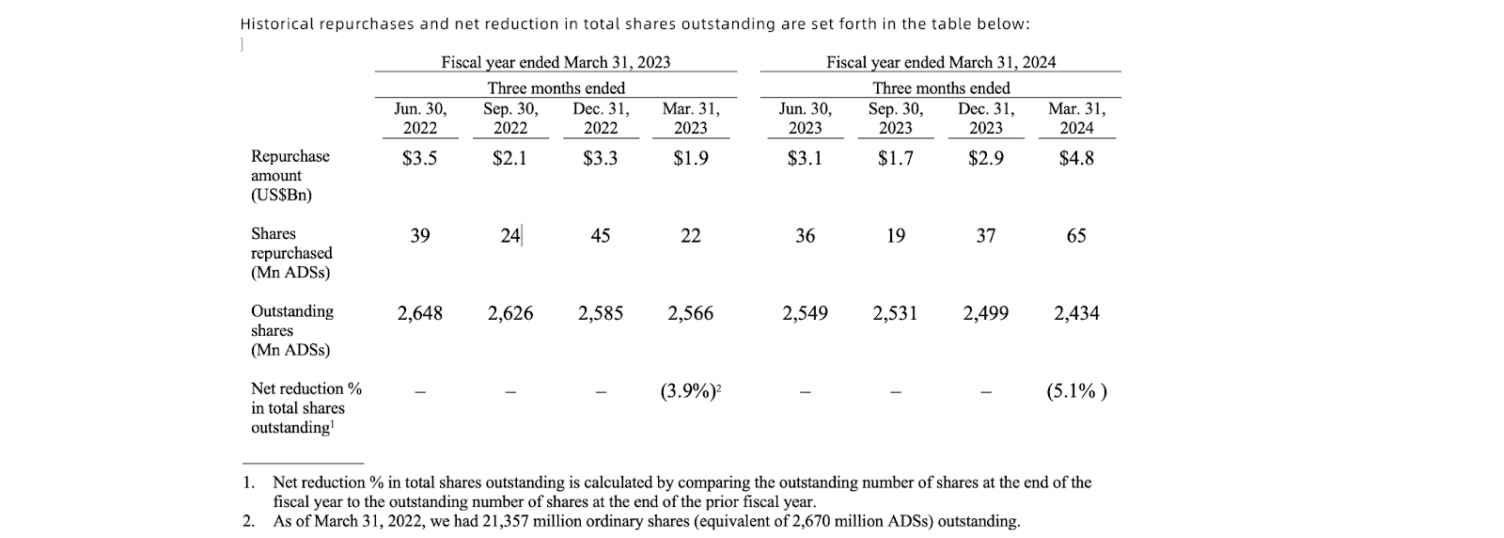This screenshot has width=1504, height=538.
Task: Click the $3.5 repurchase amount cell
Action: (419, 158)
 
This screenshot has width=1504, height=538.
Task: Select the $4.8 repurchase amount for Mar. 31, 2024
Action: (1076, 158)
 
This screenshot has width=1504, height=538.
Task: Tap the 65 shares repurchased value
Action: (1076, 235)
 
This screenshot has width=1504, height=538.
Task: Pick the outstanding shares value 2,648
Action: (419, 313)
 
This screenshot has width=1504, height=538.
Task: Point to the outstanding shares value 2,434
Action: (1076, 313)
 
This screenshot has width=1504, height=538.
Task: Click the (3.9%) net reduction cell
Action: (690, 391)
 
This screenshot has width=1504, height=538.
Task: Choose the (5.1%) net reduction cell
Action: (1076, 391)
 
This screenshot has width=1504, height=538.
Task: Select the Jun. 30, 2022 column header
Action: (419, 119)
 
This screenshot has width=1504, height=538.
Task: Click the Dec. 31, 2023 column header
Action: (985, 119)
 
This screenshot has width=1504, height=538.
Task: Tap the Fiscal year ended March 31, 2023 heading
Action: (556, 62)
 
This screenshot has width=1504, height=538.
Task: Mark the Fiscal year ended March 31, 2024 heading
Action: (940, 62)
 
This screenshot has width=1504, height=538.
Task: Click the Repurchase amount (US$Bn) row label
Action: (290, 176)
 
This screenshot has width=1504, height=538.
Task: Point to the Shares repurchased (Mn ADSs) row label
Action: (290, 253)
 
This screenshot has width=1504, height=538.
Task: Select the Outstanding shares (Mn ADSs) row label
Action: (291, 330)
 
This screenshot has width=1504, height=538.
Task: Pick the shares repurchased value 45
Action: (600, 235)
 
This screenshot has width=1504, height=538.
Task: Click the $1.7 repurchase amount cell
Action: (895, 158)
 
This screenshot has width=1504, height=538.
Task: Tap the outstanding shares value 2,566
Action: (690, 313)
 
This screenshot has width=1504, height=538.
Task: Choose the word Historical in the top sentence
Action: (275, 24)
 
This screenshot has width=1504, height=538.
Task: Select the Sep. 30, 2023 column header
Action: (895, 119)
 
